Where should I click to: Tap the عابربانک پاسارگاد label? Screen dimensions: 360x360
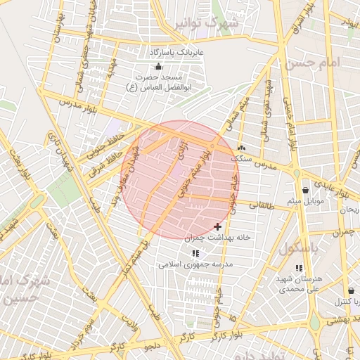(176, 53)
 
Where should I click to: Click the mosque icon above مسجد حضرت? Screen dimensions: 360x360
(156, 67)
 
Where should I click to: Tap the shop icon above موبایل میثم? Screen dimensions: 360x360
(304, 190)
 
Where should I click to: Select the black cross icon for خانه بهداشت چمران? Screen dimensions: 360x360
(217, 226)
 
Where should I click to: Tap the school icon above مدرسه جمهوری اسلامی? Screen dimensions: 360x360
(195, 253)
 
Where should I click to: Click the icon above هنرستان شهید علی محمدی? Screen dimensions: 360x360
(299, 268)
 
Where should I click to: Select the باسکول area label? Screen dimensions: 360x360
(299, 249)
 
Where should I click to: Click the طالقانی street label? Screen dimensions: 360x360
(264, 206)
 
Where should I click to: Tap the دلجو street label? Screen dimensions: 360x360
(153, 346)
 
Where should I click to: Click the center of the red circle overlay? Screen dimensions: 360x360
(181, 179)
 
